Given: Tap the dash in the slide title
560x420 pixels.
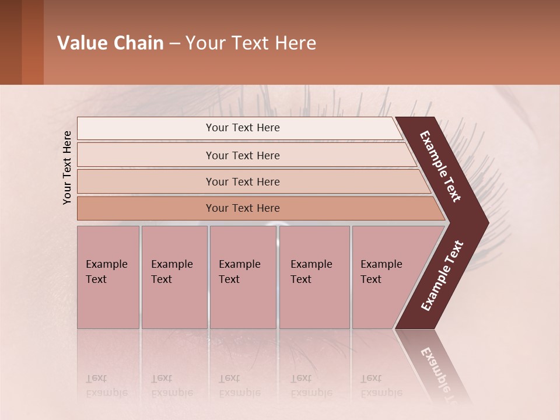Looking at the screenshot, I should [174, 44].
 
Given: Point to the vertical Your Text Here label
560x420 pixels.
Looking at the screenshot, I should [67, 167].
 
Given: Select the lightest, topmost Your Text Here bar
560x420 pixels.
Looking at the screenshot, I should [242, 128].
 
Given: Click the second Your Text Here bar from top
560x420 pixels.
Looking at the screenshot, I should [242, 155].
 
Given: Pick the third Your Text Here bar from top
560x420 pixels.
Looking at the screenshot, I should [242, 181].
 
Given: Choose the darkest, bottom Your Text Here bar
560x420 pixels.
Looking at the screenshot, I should [242, 208].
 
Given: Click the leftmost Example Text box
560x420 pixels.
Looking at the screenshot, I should [108, 277].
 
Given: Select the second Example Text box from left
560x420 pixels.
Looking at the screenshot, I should [174, 277].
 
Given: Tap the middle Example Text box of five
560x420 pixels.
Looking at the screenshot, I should [243, 277].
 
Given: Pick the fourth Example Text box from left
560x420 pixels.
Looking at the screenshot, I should [314, 277].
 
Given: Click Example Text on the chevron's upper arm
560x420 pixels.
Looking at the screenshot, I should [440, 166].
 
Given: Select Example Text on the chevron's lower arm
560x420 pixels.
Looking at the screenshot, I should [442, 276].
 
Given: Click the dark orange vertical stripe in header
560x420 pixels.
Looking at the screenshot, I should [33, 43].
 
